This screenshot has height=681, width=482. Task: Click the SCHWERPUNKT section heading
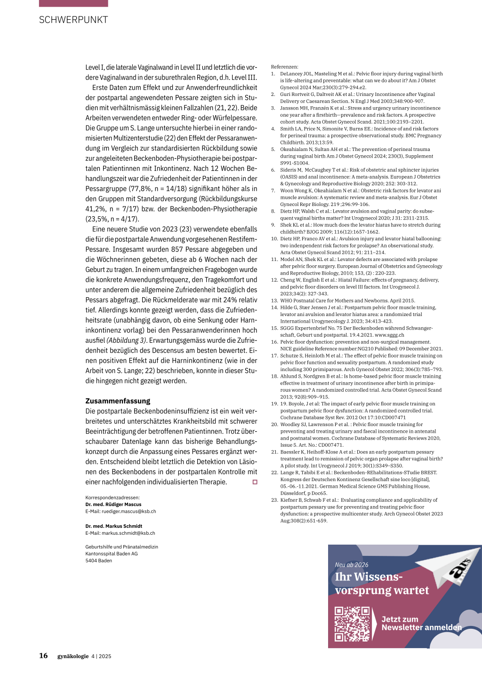pyautogui.click(x=73, y=20)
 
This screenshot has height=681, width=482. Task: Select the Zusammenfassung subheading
pyautogui.click(x=118, y=401)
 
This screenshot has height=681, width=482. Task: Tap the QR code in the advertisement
pyautogui.click(x=352, y=624)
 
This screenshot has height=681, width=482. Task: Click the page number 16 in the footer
pyautogui.click(x=43, y=656)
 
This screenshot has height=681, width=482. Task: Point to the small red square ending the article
pyautogui.click(x=255, y=482)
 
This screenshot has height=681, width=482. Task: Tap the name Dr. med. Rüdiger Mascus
pyautogui.click(x=113, y=504)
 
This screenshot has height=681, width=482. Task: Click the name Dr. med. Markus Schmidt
pyautogui.click(x=114, y=526)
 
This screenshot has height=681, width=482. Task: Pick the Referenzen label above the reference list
pyautogui.click(x=285, y=67)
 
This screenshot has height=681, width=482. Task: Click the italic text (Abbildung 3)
pyautogui.click(x=127, y=340)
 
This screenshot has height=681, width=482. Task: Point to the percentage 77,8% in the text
pyautogui.click(x=140, y=189)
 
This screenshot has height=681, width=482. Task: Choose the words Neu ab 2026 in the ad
pyautogui.click(x=352, y=565)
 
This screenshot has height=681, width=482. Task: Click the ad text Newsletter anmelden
pyautogui.click(x=421, y=627)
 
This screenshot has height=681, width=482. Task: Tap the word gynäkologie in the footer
pyautogui.click(x=73, y=656)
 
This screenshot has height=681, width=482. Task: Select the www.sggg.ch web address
pyautogui.click(x=389, y=335)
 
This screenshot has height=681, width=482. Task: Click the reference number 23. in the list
pyautogui.click(x=274, y=500)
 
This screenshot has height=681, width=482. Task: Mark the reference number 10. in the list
pyautogui.click(x=274, y=238)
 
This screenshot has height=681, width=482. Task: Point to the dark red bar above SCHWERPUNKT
pyautogui.click(x=73, y=3)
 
